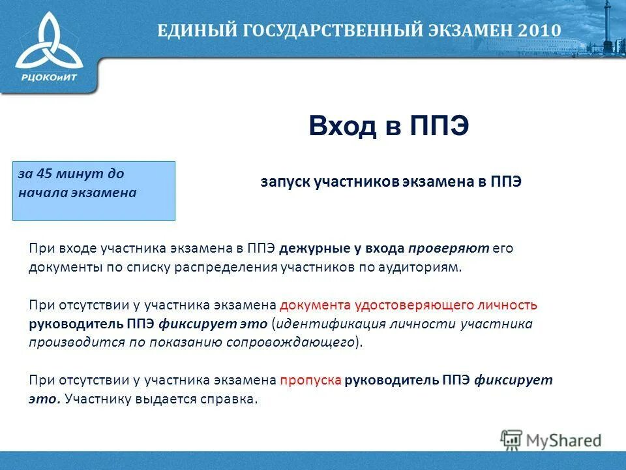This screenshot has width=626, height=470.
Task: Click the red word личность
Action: point(514,305)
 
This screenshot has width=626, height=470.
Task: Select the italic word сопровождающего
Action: point(291,343)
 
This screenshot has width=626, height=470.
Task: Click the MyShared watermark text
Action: point(563,441)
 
